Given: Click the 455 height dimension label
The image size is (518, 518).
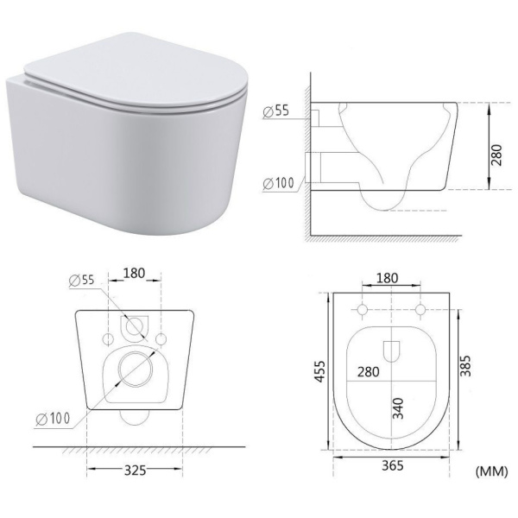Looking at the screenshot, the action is [319, 371].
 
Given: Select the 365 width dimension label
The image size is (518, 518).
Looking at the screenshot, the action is [393, 465].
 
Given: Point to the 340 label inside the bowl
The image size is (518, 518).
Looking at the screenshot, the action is [398, 408].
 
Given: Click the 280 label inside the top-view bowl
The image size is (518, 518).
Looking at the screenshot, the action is [368, 372].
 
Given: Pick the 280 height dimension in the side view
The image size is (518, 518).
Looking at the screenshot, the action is [496, 155].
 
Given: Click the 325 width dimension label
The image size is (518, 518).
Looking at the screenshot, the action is [136, 471].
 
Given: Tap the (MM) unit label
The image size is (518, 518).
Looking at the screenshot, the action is [491, 471].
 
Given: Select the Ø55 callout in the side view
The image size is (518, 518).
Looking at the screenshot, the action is [276, 111].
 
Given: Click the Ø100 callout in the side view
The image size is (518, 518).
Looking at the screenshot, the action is [278, 183].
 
